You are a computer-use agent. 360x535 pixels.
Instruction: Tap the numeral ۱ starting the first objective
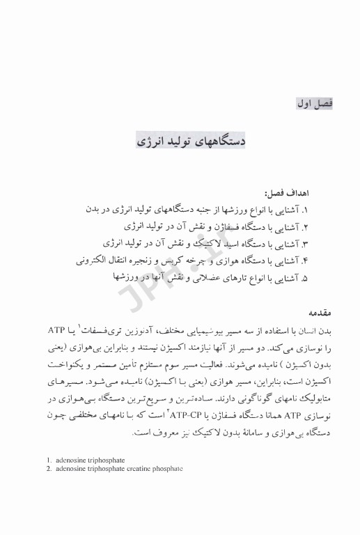[324, 209]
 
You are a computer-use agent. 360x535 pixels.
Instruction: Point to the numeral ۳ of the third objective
[324, 243]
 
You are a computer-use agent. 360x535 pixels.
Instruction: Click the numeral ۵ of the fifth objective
[324, 277]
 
